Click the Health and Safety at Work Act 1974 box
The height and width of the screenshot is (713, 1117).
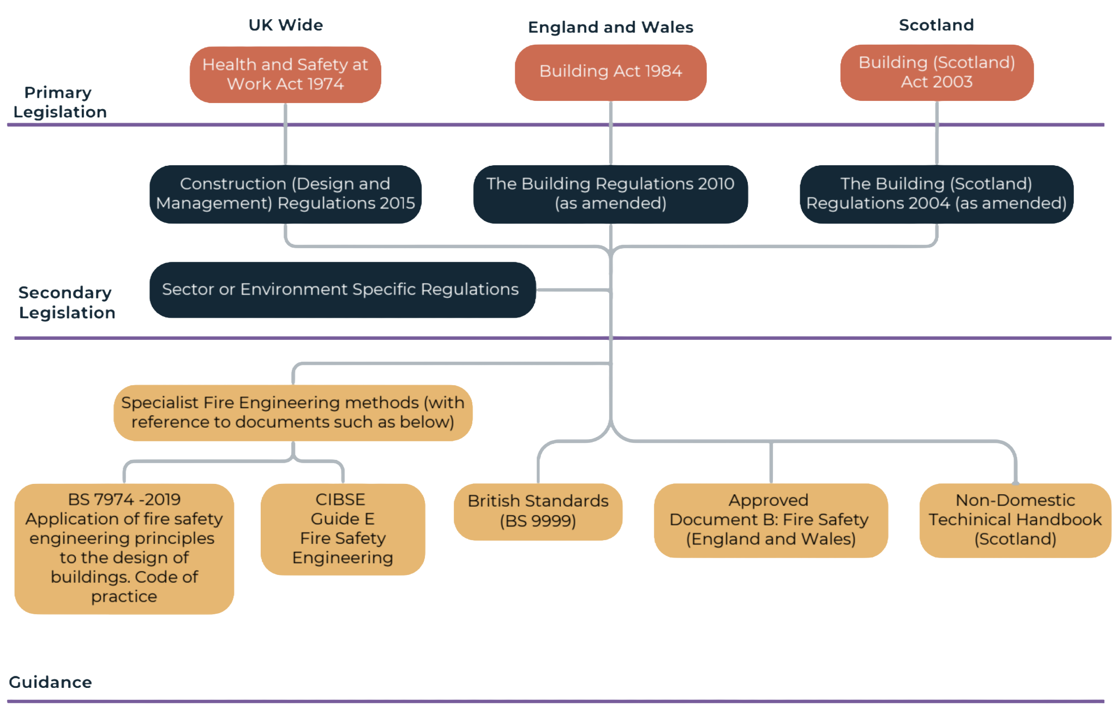tap(285, 74)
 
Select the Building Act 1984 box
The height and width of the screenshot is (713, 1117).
tap(610, 71)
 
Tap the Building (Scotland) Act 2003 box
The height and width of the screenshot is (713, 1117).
tap(936, 72)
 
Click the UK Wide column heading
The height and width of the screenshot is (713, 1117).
tap(286, 25)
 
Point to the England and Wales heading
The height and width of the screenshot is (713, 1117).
tap(610, 27)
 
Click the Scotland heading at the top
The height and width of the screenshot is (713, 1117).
tap(936, 25)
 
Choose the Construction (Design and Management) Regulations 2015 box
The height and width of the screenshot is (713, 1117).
tap(285, 194)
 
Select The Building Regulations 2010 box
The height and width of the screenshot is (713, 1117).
tap(610, 194)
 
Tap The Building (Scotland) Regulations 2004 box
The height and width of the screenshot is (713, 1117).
tap(936, 194)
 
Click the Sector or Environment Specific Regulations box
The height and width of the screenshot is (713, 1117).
tap(341, 290)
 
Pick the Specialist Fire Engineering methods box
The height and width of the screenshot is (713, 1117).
tap(293, 412)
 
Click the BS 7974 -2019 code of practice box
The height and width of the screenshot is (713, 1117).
tap(124, 548)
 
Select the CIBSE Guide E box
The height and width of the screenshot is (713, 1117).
tap(343, 529)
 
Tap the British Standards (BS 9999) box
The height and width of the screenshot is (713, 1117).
tap(538, 511)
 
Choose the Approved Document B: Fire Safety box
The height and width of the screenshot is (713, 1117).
tap(770, 520)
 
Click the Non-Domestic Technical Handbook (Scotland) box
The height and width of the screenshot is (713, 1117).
tap(1015, 520)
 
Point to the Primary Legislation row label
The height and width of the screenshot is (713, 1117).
tap(59, 103)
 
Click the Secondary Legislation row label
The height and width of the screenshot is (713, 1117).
tap(66, 303)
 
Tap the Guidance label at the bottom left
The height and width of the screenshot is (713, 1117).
tap(50, 682)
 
